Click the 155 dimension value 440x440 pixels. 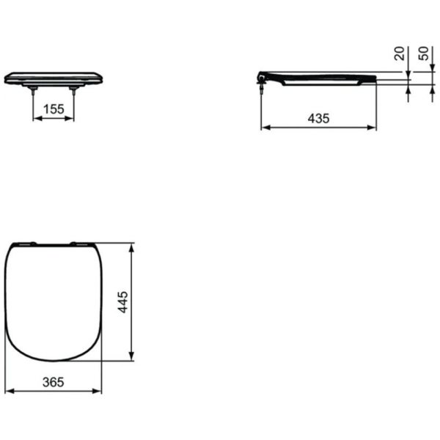54,109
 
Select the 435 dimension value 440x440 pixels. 318,118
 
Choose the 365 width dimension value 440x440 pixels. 54,382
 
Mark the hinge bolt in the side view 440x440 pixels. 262,85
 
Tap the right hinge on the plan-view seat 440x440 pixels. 81,243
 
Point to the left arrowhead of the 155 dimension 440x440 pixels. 36,117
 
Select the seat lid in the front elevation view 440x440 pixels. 53,78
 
